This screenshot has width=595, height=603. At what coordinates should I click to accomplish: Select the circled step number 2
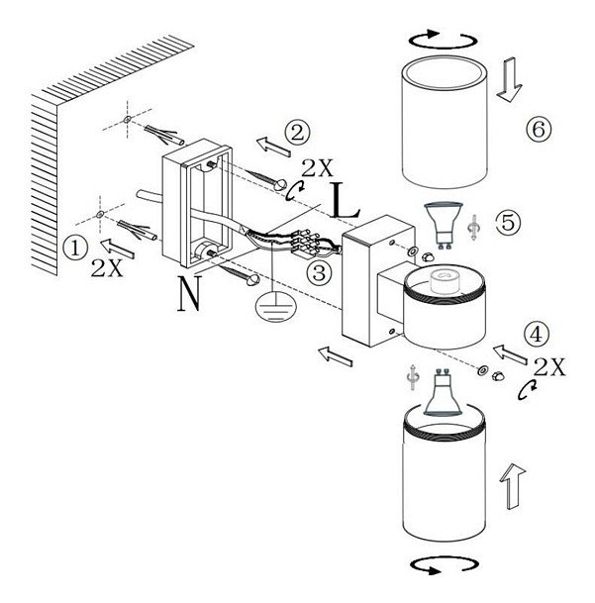pos(296,131)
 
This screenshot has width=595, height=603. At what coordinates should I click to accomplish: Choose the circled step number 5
pos(508,222)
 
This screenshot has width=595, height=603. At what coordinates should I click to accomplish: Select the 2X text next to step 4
pos(549,367)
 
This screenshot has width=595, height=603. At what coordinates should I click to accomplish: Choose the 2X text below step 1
pos(106,268)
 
